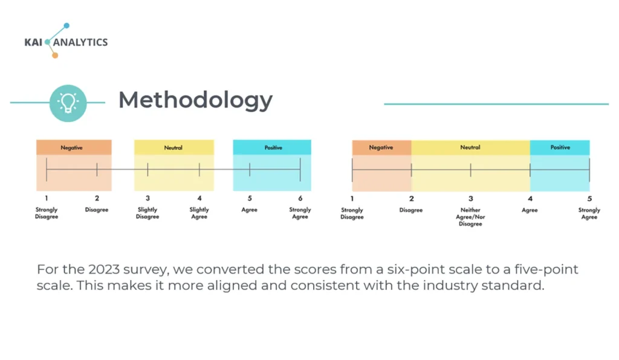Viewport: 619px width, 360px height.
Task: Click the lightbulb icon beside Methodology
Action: coord(68,103)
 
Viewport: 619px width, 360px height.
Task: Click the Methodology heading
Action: coord(195,100)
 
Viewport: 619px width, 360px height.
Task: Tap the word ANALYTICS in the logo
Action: coord(80,42)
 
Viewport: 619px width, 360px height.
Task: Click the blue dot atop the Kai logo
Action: coord(66,25)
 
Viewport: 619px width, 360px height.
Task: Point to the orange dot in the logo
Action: coord(55,55)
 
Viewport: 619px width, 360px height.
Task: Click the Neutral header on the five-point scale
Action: coord(470,147)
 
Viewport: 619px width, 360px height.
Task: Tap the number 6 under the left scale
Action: coord(300,198)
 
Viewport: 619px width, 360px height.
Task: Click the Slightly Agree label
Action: coord(199,213)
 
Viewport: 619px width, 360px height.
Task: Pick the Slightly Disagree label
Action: coord(147,213)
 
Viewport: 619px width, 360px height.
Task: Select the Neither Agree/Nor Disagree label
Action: coord(470,217)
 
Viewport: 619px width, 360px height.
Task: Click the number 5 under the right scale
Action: coord(589,199)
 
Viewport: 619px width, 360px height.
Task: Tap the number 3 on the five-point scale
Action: coord(470,199)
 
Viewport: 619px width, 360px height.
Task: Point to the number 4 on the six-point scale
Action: coord(199,198)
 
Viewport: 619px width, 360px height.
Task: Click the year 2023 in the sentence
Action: coord(104,269)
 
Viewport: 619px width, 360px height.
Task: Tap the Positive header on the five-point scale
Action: coord(560,147)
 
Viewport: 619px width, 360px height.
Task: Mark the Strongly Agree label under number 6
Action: coord(300,213)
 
